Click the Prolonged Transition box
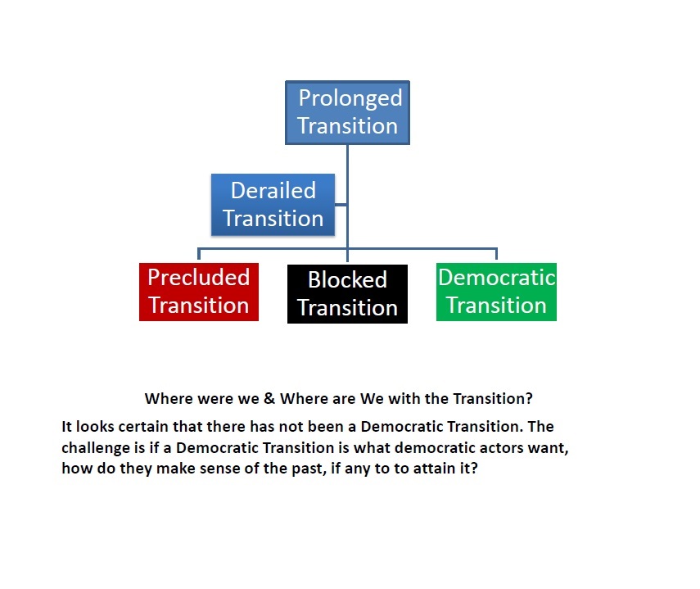tap(347, 112)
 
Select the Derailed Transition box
tap(273, 205)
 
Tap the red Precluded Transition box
tap(199, 292)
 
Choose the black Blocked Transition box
tap(347, 294)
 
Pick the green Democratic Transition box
tap(496, 292)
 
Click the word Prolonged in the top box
tap(350, 98)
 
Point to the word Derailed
tap(273, 191)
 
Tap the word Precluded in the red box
tap(199, 278)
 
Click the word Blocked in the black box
tap(347, 280)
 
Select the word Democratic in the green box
tap(497, 278)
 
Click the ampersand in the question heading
tap(269, 398)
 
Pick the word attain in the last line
tap(428, 469)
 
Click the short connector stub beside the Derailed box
tap(341, 205)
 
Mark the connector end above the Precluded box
tap(199, 259)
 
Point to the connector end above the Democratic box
tap(496, 259)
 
